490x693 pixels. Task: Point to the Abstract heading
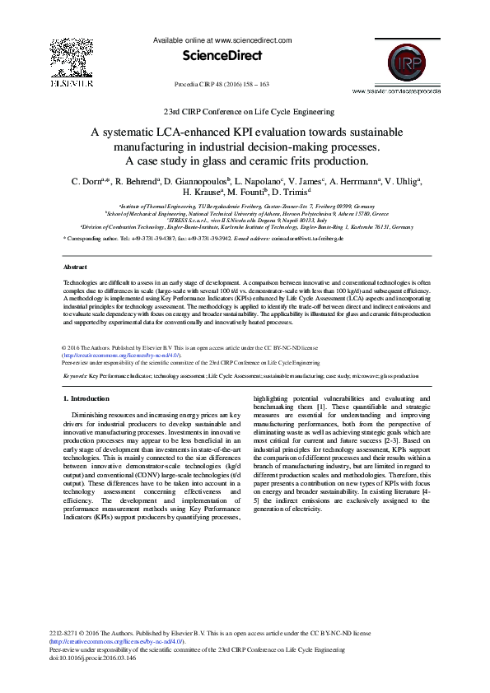76,267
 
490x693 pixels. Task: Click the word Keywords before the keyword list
76,375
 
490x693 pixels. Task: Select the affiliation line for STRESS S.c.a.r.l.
244,221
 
